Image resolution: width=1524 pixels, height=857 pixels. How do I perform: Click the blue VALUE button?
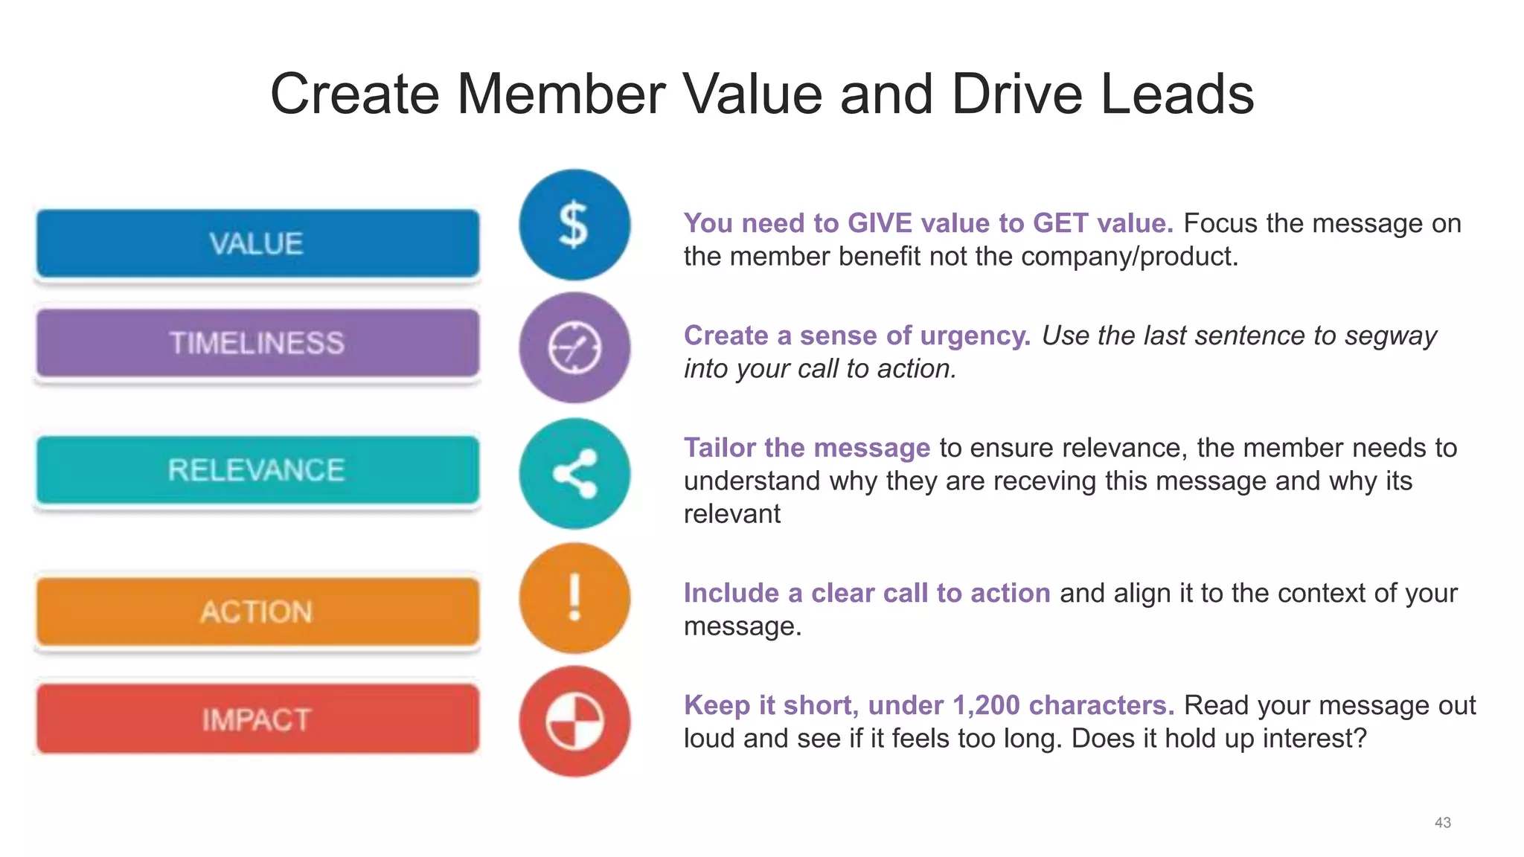tap(257, 244)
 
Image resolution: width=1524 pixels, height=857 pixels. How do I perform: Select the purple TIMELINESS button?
tap(257, 343)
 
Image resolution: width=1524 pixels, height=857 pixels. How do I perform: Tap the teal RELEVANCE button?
tap(257, 470)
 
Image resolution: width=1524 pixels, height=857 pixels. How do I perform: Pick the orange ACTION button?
tap(257, 612)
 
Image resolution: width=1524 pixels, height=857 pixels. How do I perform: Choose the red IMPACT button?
tap(257, 719)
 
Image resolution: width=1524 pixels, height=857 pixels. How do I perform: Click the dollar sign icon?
tap(574, 225)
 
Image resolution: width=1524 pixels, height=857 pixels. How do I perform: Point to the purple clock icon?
tap(574, 347)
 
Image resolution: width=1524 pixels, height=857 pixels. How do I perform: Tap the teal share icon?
tap(574, 474)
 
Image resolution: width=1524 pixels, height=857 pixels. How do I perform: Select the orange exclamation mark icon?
tap(574, 598)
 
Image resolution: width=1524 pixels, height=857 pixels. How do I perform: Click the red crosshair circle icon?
tap(574, 722)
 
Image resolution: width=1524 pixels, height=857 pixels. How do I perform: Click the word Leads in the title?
tap(1177, 94)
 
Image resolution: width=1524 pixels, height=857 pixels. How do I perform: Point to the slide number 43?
tap(1442, 822)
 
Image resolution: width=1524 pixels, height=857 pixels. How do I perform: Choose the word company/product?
tap(1130, 257)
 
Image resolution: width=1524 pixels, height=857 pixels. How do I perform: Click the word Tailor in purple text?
tap(720, 448)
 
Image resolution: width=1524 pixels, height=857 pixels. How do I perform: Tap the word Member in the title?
tap(561, 94)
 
